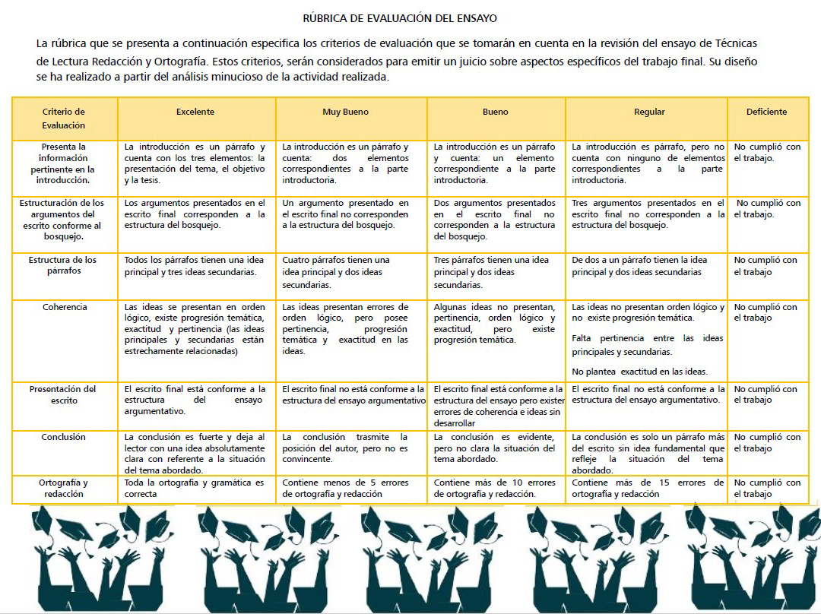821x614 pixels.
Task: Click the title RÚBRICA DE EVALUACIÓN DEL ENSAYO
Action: tap(399, 17)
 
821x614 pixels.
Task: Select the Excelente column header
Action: tap(195, 112)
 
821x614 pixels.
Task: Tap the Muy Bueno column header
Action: tap(345, 112)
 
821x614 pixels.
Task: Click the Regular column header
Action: tap(649, 112)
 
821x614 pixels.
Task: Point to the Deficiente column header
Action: tap(766, 112)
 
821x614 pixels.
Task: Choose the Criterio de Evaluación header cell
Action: tap(64, 119)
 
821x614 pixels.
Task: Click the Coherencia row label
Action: tap(65, 307)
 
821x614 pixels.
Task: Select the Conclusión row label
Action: tap(64, 437)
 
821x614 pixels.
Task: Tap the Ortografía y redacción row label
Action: tap(64, 488)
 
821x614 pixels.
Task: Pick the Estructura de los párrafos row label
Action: tap(64, 265)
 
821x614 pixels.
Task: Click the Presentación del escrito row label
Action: tap(64, 394)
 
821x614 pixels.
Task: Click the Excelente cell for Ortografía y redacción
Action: tap(195, 488)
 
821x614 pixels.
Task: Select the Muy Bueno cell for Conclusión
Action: tap(345, 448)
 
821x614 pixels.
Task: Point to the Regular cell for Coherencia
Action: tap(648, 339)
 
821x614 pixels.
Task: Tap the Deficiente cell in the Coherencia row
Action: tap(766, 312)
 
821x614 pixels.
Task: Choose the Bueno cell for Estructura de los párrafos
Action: tap(496, 272)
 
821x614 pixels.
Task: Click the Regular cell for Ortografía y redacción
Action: tap(648, 488)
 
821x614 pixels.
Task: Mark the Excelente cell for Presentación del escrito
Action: tap(195, 400)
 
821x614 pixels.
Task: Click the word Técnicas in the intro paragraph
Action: tap(735, 43)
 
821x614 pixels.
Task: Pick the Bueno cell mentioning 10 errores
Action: tap(495, 488)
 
